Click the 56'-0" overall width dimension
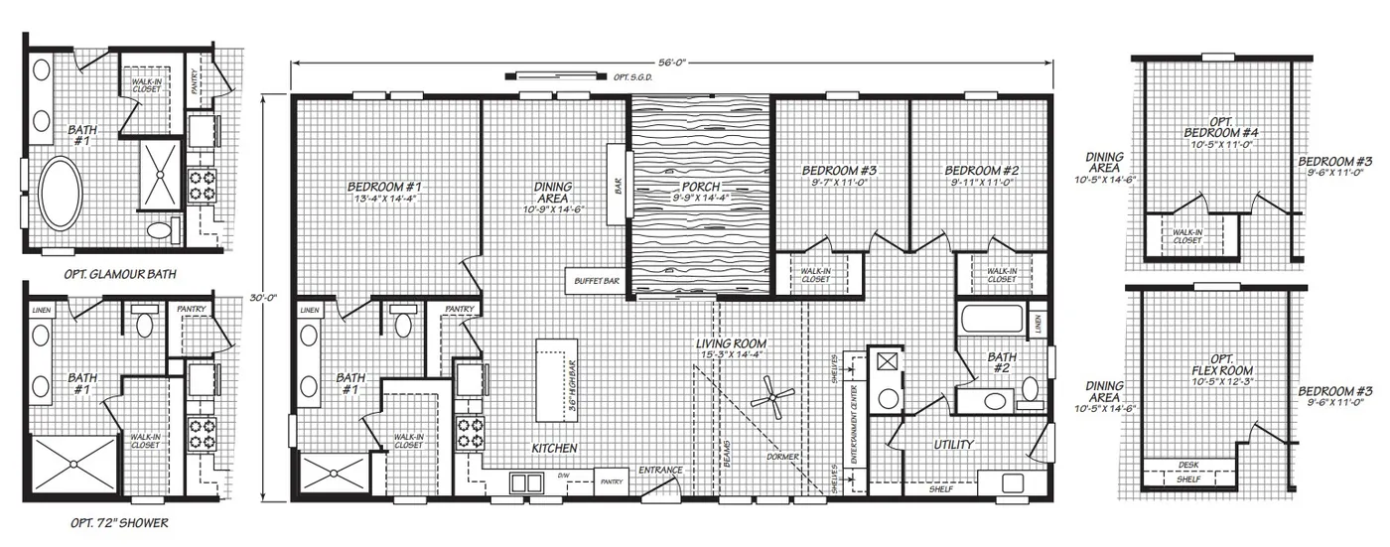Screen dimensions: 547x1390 pos(672,62)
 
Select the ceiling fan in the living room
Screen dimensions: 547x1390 pos(770,400)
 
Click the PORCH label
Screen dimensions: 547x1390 pos(701,187)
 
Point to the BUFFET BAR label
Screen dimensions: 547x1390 pos(597,282)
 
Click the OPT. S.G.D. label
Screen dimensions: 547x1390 pos(632,75)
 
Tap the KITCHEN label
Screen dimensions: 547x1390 pos(554,449)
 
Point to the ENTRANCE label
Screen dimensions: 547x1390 pos(660,470)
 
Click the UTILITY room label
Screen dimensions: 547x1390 pos(952,445)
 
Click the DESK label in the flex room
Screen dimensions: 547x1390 pos(1187,465)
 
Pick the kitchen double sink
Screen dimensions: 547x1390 pos(525,482)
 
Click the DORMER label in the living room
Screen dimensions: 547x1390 pos(782,458)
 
